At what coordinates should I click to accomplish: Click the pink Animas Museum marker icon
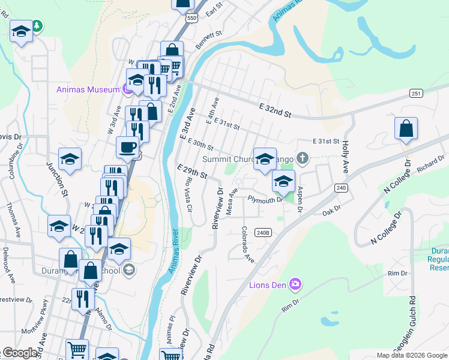127,89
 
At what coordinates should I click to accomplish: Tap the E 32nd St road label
275,110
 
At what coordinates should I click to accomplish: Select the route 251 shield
416,93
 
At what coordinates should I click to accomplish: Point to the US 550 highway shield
191,19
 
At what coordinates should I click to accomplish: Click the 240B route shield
264,232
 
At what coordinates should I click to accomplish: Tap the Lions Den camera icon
295,284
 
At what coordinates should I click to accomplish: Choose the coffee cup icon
127,146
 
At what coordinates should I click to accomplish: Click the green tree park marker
37,26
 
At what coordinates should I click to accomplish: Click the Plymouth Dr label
265,200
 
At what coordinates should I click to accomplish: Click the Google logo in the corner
20,353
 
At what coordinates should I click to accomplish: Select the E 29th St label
191,173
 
